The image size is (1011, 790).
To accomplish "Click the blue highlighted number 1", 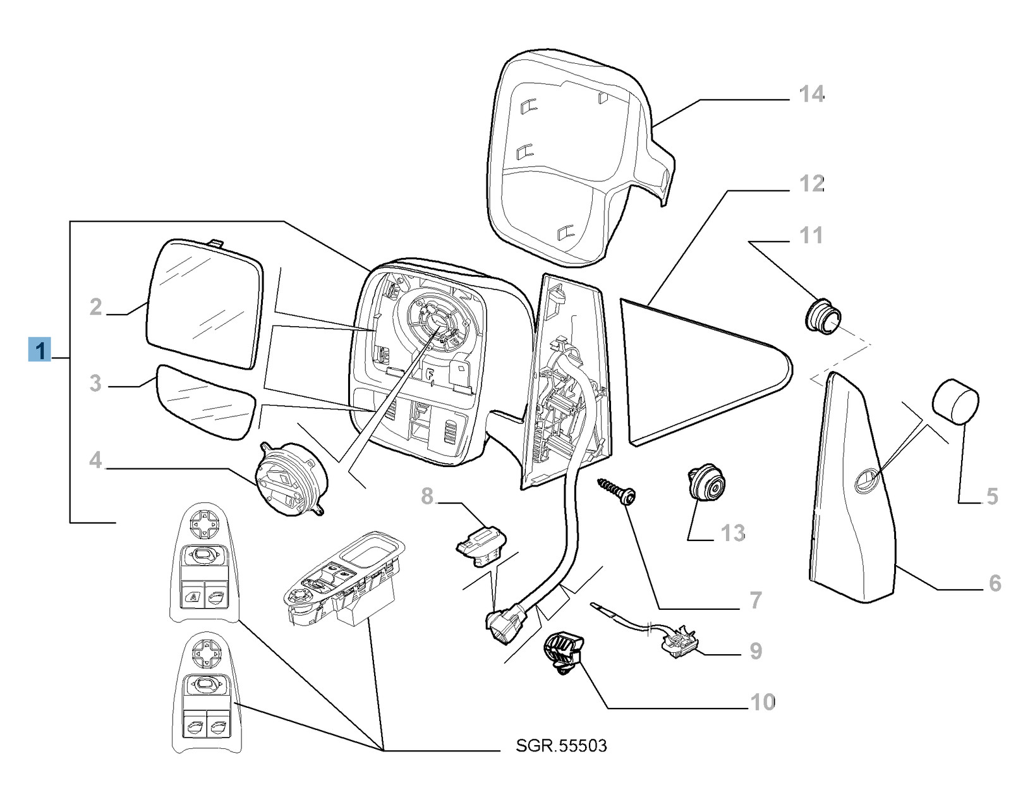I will pos(40,349).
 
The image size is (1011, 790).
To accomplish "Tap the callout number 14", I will pos(811,95).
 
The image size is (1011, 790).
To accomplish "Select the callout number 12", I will pos(811,184).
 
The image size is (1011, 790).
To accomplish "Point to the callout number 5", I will pos(991,497).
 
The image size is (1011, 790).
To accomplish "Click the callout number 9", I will pos(755,651).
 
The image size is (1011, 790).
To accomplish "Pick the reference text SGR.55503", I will pos(561,746).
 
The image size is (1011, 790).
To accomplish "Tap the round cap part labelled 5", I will pos(955,400).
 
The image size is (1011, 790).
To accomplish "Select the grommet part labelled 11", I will pos(822,315).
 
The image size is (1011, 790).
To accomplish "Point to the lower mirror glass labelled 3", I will pos(205,402).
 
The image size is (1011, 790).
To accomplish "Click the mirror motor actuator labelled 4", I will pos(291,479).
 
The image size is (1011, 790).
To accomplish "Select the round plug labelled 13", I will pos(706,484).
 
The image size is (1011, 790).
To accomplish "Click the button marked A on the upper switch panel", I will pos(193,596).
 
